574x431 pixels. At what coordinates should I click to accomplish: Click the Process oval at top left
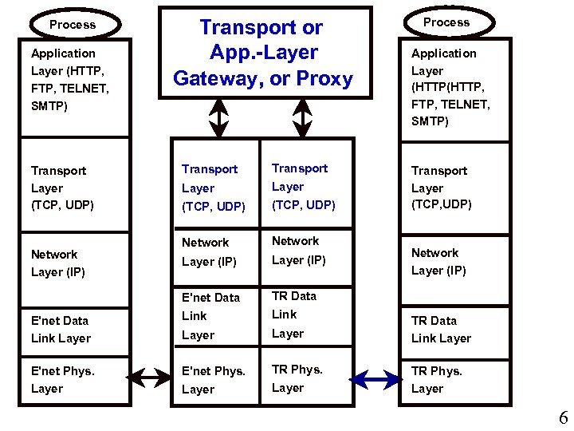tap(73, 25)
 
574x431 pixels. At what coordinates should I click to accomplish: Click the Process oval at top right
tap(446, 22)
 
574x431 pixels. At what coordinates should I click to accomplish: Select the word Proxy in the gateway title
tap(324, 79)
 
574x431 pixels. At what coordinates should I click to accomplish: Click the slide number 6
tap(563, 418)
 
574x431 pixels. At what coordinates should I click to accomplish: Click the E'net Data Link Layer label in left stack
tap(61, 330)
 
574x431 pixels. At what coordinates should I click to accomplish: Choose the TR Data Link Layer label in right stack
tap(441, 330)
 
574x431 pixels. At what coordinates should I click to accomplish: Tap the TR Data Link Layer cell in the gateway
tap(294, 314)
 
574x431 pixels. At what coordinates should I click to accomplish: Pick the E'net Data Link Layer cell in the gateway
tap(210, 316)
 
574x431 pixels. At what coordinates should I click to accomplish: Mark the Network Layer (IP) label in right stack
tap(438, 262)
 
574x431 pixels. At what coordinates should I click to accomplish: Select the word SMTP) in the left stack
tap(50, 105)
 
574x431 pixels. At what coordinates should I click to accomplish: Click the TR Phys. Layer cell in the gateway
tap(297, 378)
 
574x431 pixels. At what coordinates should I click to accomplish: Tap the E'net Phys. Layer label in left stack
tap(62, 380)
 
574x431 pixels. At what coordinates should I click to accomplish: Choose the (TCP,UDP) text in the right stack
tap(442, 204)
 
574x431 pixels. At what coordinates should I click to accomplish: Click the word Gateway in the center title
tap(219, 79)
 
